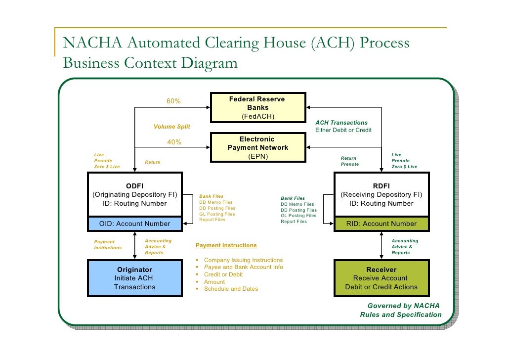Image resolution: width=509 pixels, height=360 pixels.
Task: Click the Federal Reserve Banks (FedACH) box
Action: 257,108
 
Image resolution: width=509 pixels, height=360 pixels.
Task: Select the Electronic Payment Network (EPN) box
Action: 257,147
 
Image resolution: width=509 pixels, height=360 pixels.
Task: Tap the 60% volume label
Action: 173,101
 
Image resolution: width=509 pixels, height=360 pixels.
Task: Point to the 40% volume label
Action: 174,142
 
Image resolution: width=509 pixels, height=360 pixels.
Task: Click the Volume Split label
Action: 171,127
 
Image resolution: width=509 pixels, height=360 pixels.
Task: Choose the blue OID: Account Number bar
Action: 134,224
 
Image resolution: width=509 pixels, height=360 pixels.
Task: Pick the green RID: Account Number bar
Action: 381,224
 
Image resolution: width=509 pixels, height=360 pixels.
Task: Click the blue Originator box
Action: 134,278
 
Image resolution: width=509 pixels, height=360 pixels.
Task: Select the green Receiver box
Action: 381,278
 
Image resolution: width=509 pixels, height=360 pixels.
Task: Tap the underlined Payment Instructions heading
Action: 226,245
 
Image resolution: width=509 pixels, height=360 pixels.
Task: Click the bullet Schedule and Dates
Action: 231,289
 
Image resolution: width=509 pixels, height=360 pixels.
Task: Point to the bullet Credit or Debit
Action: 223,274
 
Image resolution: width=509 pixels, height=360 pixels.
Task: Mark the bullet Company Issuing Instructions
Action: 243,260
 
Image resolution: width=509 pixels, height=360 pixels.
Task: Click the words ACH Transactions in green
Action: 341,123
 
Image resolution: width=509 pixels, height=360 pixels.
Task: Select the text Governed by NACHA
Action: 403,306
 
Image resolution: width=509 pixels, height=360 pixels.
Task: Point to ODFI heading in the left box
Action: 134,186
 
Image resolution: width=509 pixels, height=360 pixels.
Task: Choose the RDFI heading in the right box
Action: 381,186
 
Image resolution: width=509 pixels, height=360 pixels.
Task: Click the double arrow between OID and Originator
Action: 135,245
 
